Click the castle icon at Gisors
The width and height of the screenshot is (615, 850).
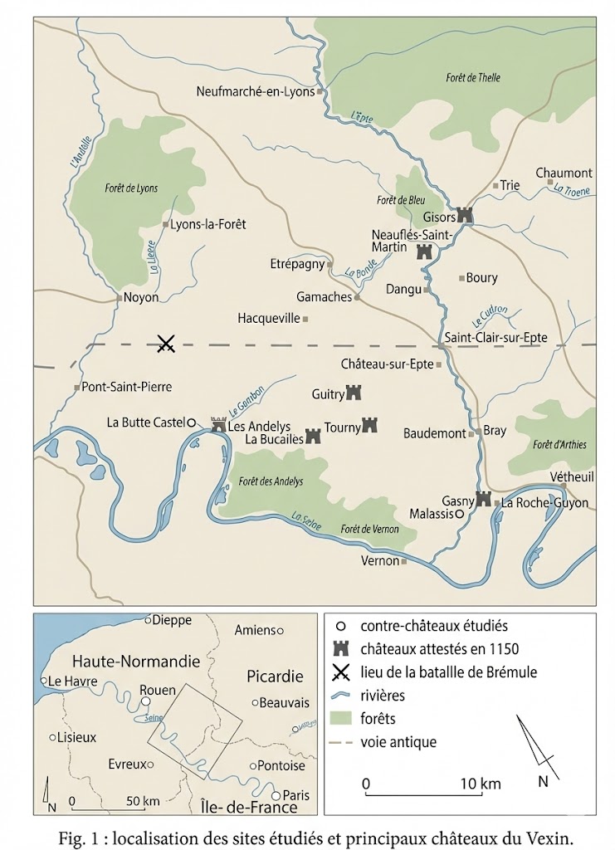(465, 214)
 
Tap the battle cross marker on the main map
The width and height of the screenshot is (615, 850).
(166, 343)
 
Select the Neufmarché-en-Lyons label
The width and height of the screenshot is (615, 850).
(256, 91)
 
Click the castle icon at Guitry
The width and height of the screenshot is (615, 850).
(354, 392)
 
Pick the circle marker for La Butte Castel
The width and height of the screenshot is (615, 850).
(190, 423)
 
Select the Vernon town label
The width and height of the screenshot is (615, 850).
(380, 561)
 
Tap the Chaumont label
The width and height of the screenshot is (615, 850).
(564, 173)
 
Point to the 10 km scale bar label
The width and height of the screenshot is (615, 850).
(481, 784)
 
